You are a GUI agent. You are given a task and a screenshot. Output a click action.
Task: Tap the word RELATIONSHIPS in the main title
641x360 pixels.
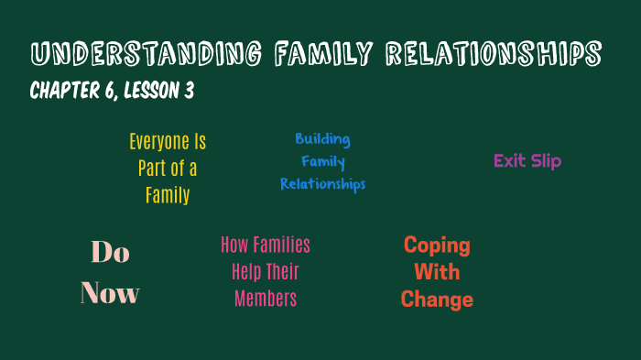click(494, 54)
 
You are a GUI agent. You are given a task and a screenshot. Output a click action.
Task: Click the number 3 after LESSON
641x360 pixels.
click(189, 92)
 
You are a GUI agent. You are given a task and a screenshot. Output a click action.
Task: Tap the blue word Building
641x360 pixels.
click(322, 139)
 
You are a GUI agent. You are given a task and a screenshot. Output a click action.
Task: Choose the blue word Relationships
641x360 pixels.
click(322, 184)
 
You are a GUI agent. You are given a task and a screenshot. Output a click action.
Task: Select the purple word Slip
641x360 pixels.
click(547, 161)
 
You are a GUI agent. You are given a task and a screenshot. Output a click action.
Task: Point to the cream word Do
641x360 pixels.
click(110, 252)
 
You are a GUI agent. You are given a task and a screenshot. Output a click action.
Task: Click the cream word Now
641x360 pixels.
click(110, 294)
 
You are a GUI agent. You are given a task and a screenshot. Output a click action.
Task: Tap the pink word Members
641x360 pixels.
click(266, 299)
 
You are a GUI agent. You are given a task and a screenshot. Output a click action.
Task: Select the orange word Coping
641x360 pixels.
click(437, 245)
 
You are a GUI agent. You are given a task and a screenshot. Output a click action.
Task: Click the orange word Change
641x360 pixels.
click(437, 300)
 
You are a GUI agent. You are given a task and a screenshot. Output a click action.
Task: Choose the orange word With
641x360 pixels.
click(437, 272)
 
